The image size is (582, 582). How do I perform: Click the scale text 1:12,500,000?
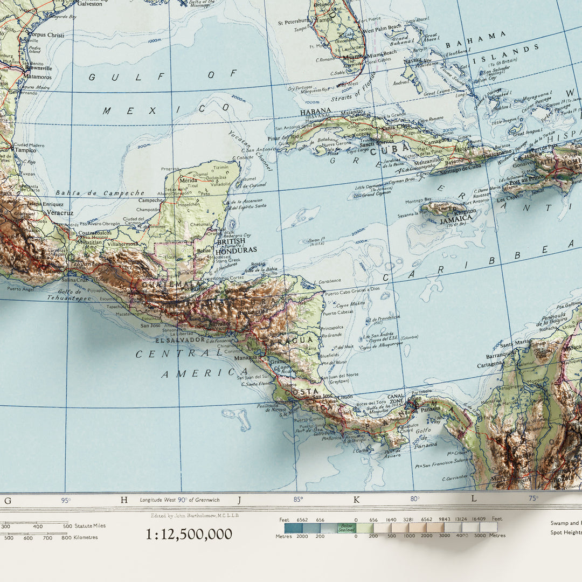coord(189,534)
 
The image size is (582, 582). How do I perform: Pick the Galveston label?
coord(89,3)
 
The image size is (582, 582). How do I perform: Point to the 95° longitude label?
coord(66,500)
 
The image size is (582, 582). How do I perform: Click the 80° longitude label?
coord(414,499)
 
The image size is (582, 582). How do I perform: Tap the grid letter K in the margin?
coord(356,500)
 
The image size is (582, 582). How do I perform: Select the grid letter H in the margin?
coord(124,500)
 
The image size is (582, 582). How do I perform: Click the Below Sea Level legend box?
coord(347,528)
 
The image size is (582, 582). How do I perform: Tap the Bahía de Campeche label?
coord(100,192)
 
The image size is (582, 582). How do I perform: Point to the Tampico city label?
coord(26,150)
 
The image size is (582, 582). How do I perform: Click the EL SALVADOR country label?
coord(179,340)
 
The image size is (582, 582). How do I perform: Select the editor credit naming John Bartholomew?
coord(195,516)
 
